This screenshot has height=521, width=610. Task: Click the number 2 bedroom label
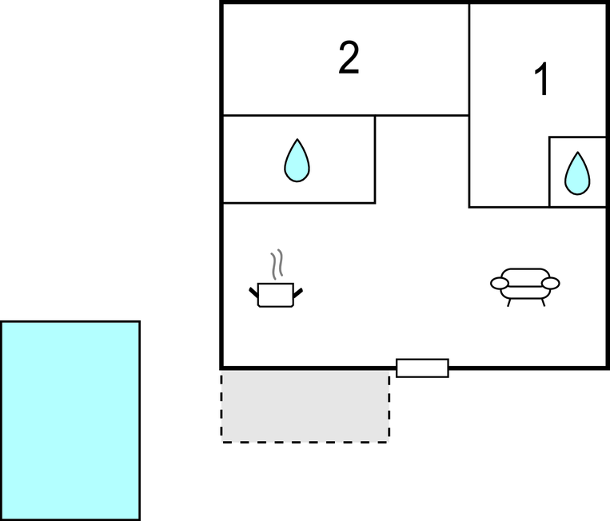349,59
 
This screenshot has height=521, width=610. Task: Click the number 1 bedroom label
542,81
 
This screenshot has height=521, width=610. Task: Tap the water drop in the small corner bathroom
576,173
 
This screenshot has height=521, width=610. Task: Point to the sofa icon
524,283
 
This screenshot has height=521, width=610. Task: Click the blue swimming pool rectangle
70,420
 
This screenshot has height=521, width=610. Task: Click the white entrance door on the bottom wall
422,368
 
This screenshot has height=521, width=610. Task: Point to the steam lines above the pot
277,264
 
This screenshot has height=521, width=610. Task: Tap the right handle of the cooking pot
299,292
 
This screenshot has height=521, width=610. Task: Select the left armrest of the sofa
500,283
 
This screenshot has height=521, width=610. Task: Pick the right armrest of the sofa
550,283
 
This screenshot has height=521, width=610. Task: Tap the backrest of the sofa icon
524,272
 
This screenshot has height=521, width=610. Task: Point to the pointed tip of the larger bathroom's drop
297,141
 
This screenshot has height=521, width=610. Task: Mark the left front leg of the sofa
508,302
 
